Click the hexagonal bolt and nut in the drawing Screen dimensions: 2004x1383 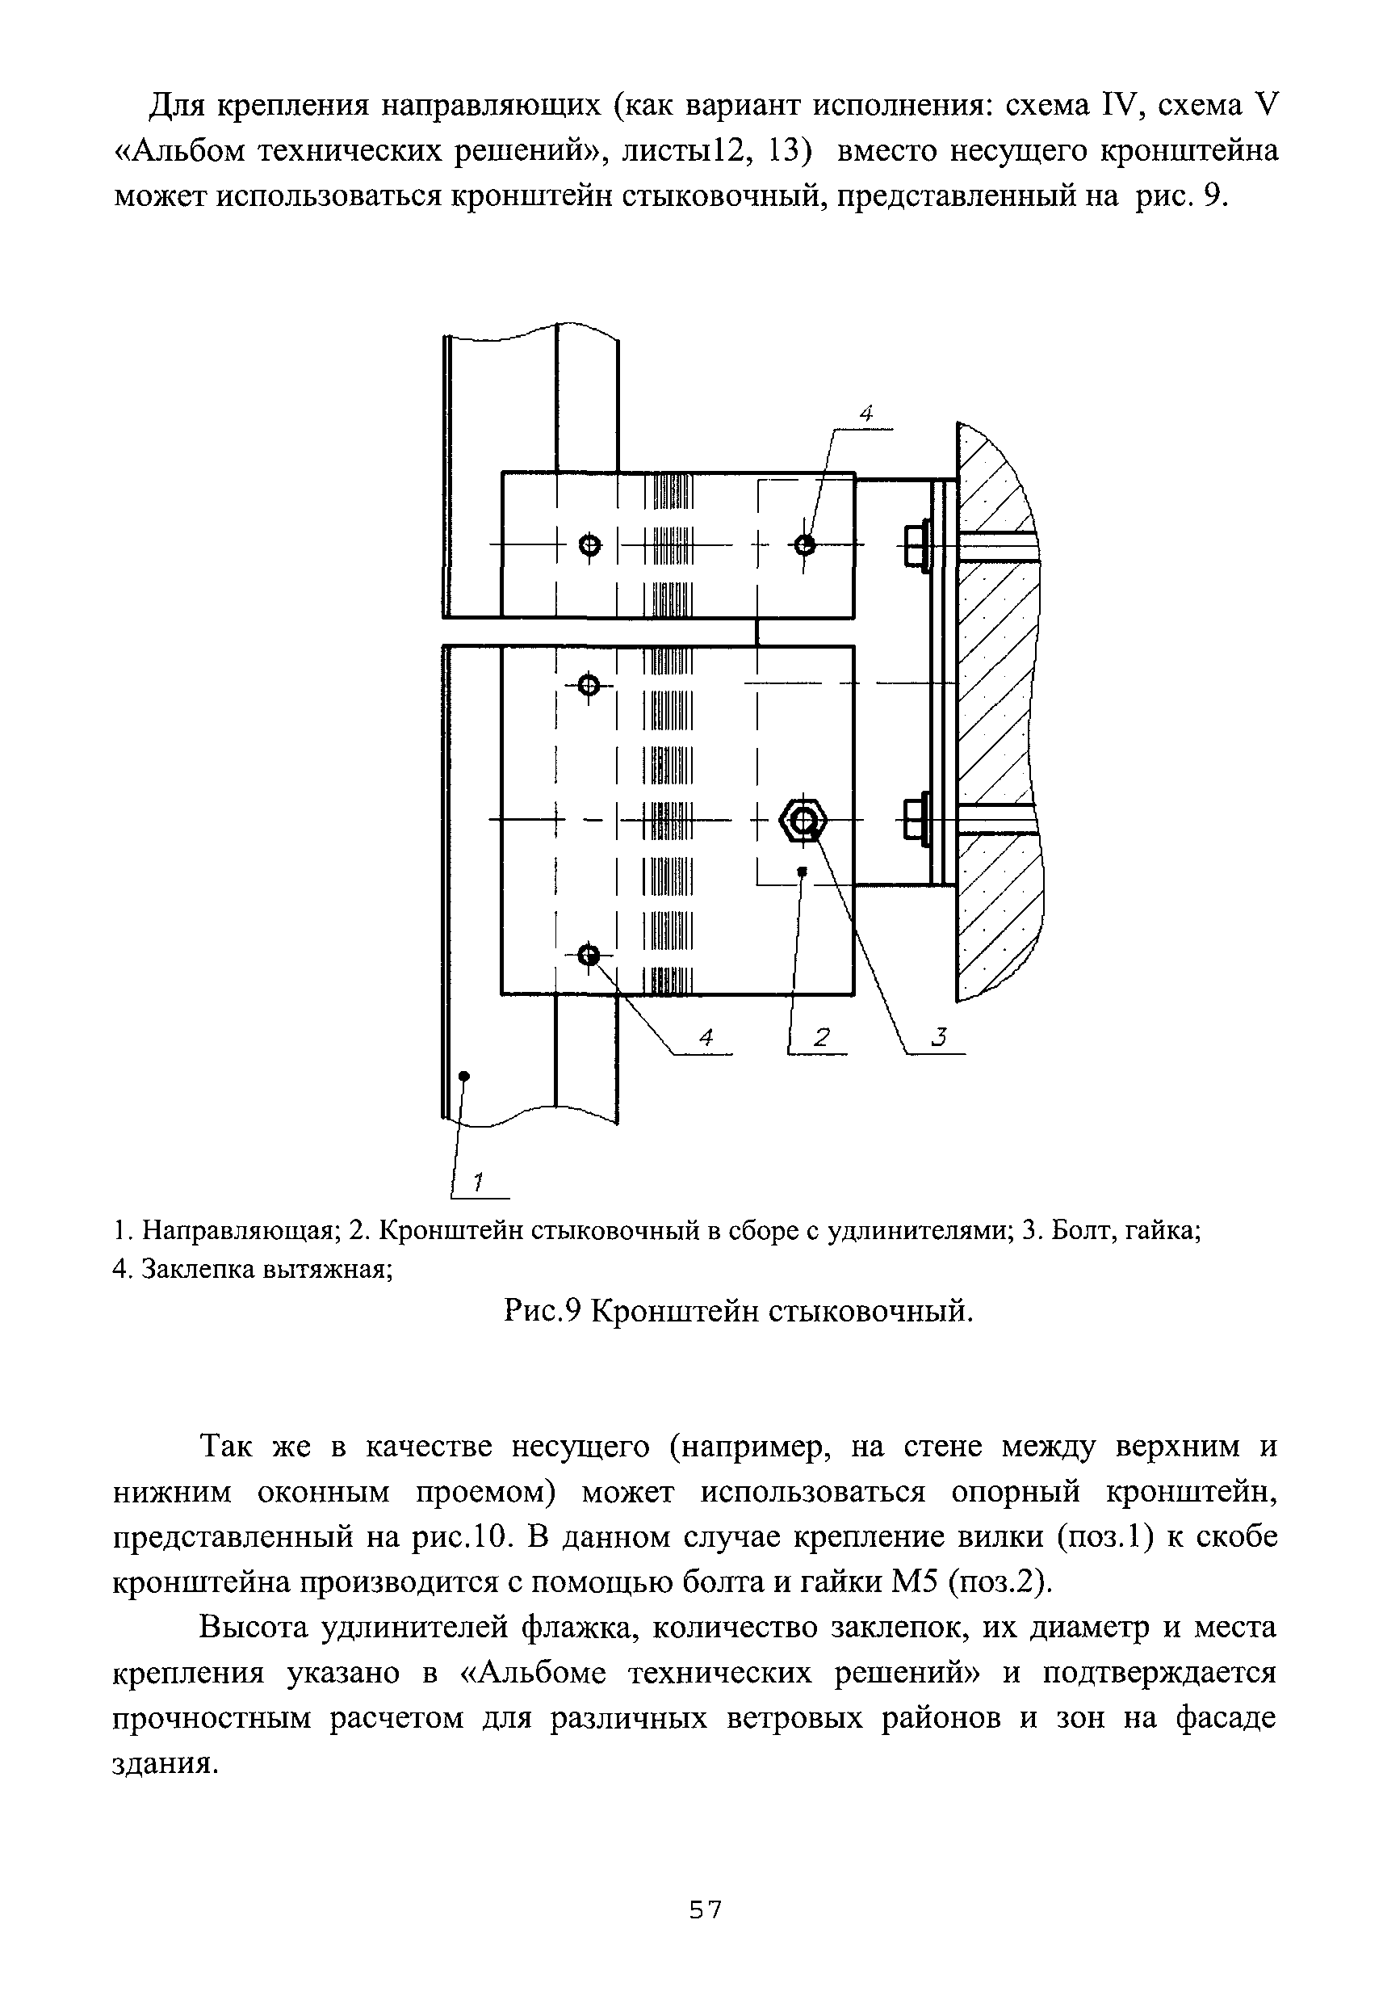[804, 820]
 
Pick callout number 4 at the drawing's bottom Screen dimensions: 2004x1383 [706, 1036]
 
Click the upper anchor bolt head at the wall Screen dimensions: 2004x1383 [915, 546]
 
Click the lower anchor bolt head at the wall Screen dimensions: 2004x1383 [915, 819]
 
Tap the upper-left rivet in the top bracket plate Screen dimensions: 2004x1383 [589, 545]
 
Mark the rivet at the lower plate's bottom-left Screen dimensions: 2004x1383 [589, 956]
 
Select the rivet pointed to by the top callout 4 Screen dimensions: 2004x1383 [804, 544]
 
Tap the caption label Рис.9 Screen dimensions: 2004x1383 [541, 1312]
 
